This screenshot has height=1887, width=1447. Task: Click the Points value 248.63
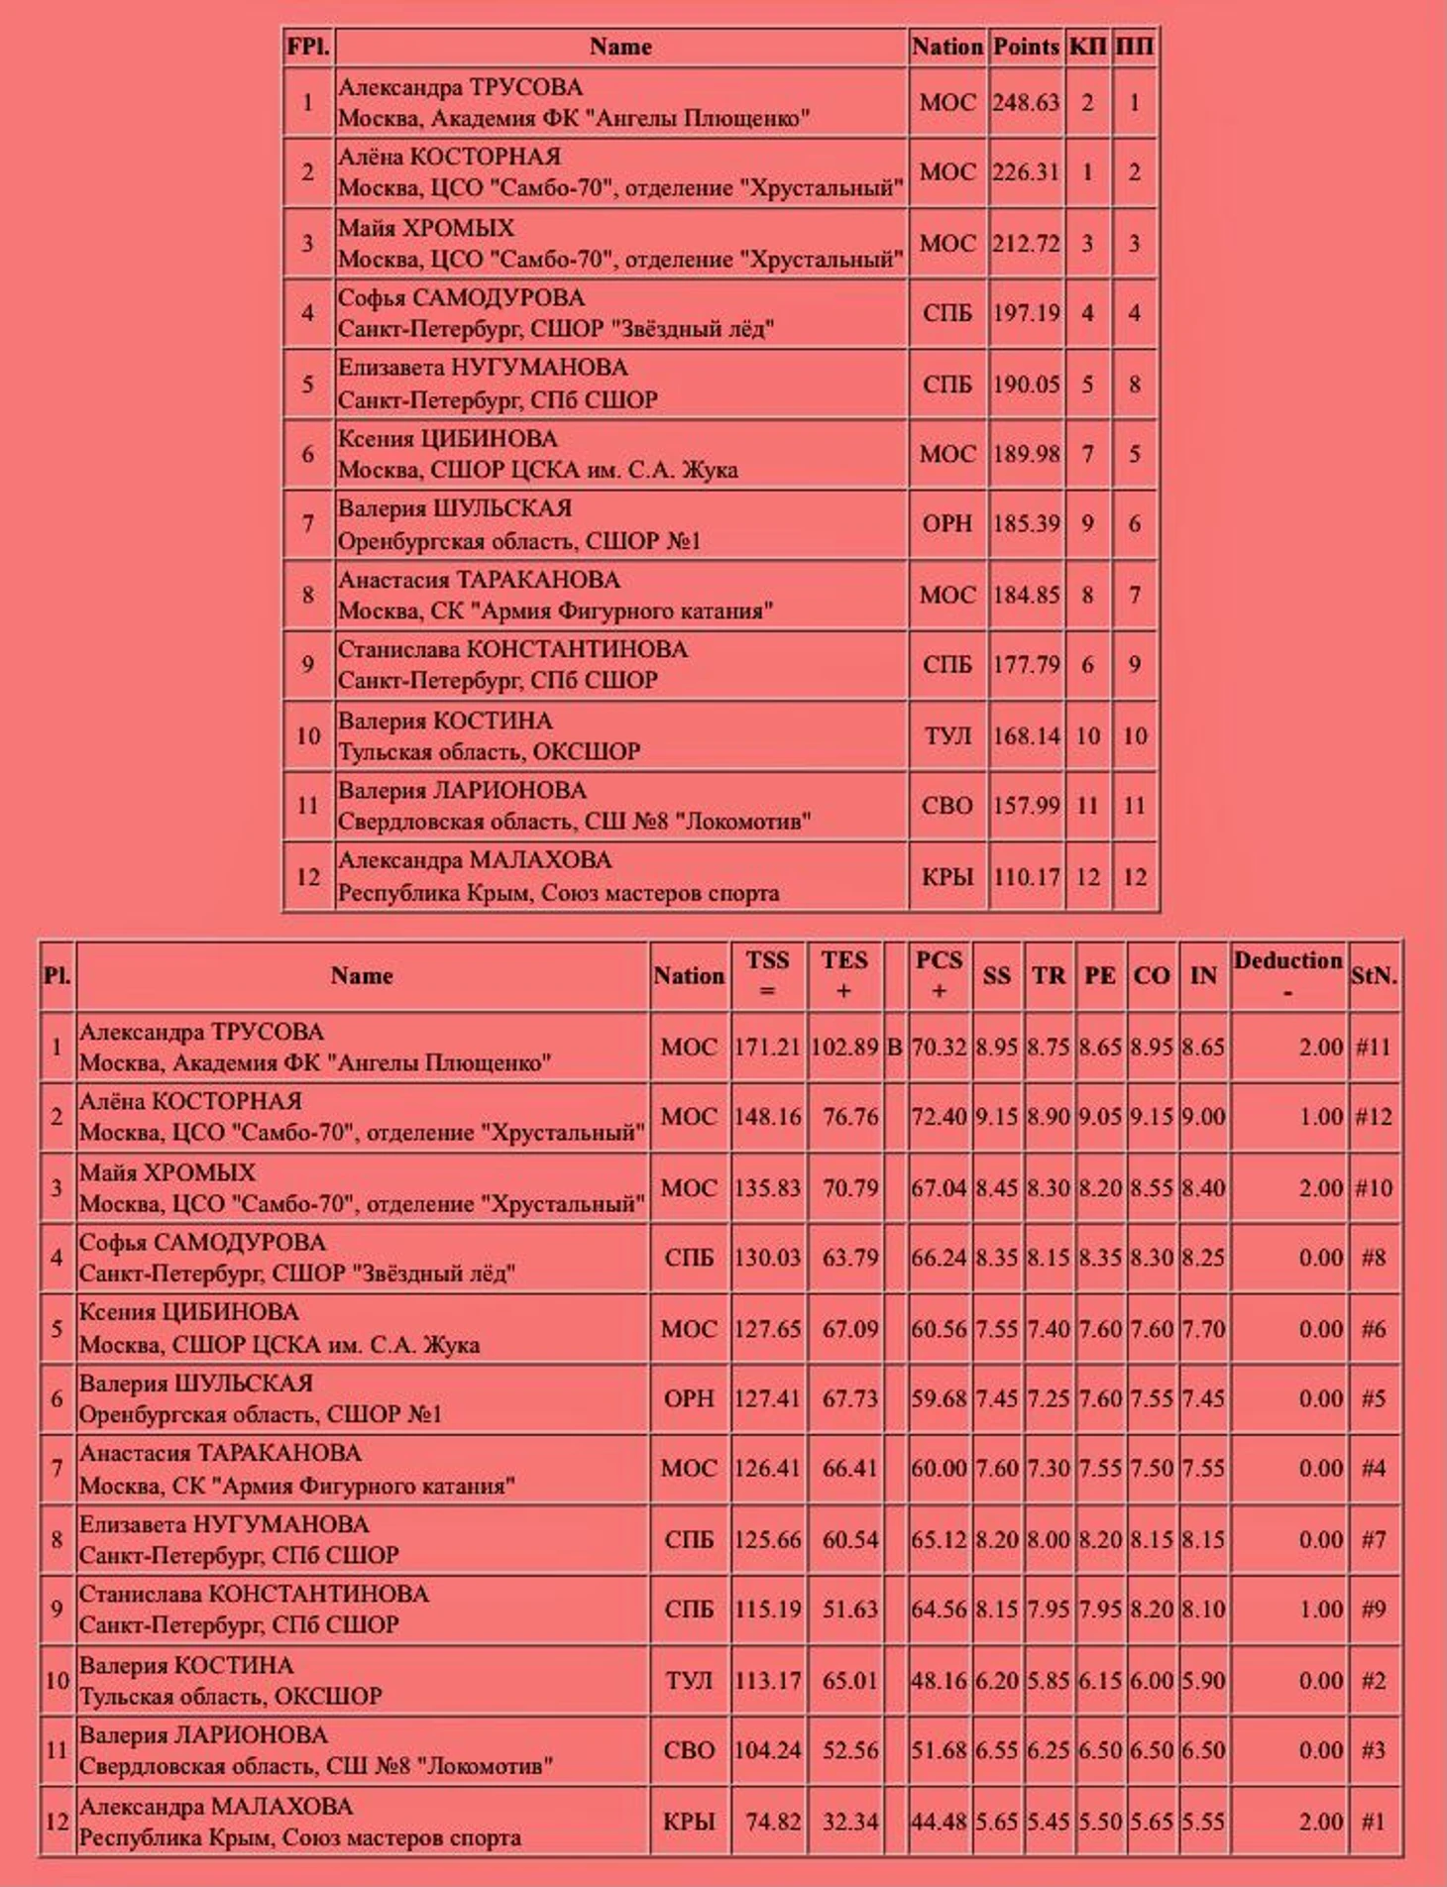(1026, 102)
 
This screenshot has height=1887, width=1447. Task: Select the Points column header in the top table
(1026, 47)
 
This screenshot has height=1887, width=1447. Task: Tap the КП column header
(1087, 47)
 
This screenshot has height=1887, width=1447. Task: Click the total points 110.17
(1026, 877)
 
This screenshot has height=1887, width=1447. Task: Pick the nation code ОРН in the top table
(946, 523)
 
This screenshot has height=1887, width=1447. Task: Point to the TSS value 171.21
(767, 1047)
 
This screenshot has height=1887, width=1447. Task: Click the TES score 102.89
(844, 1047)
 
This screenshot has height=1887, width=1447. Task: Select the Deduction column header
(1287, 975)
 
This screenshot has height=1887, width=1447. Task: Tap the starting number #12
(1373, 1117)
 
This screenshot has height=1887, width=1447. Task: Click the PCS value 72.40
(939, 1117)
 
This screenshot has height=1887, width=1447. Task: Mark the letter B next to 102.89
(894, 1047)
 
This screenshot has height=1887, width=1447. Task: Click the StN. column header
(1374, 975)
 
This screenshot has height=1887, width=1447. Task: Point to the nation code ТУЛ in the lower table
(689, 1681)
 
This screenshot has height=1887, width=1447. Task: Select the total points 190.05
(1026, 385)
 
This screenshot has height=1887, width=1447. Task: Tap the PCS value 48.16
(939, 1681)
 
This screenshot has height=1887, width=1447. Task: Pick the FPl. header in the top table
(307, 47)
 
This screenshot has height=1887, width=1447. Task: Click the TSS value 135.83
(767, 1187)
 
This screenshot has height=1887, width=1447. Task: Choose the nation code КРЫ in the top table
(946, 877)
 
